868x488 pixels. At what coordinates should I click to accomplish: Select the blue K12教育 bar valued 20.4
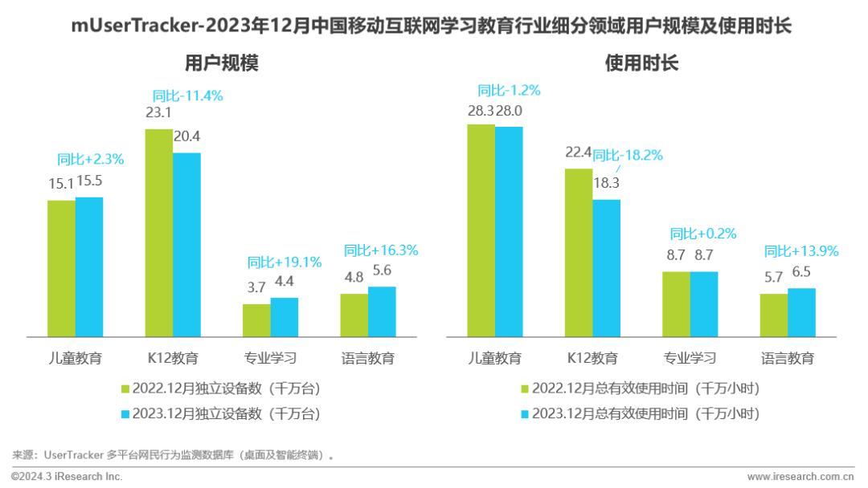186,244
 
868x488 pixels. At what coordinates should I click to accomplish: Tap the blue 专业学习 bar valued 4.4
284,316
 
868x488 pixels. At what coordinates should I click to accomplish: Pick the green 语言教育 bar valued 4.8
354,315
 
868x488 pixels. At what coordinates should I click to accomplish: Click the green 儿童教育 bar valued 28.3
481,230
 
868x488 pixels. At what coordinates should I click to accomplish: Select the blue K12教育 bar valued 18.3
607,267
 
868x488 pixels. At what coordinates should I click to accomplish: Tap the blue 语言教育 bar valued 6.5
801,311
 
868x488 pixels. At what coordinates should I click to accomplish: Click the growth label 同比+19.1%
285,262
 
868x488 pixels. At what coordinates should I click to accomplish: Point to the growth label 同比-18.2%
627,155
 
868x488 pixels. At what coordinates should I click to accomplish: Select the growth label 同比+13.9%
800,250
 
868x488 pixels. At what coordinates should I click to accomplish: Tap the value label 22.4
578,152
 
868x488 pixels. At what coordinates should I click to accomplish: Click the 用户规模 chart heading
221,63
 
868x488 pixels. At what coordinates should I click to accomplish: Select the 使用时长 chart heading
641,63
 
